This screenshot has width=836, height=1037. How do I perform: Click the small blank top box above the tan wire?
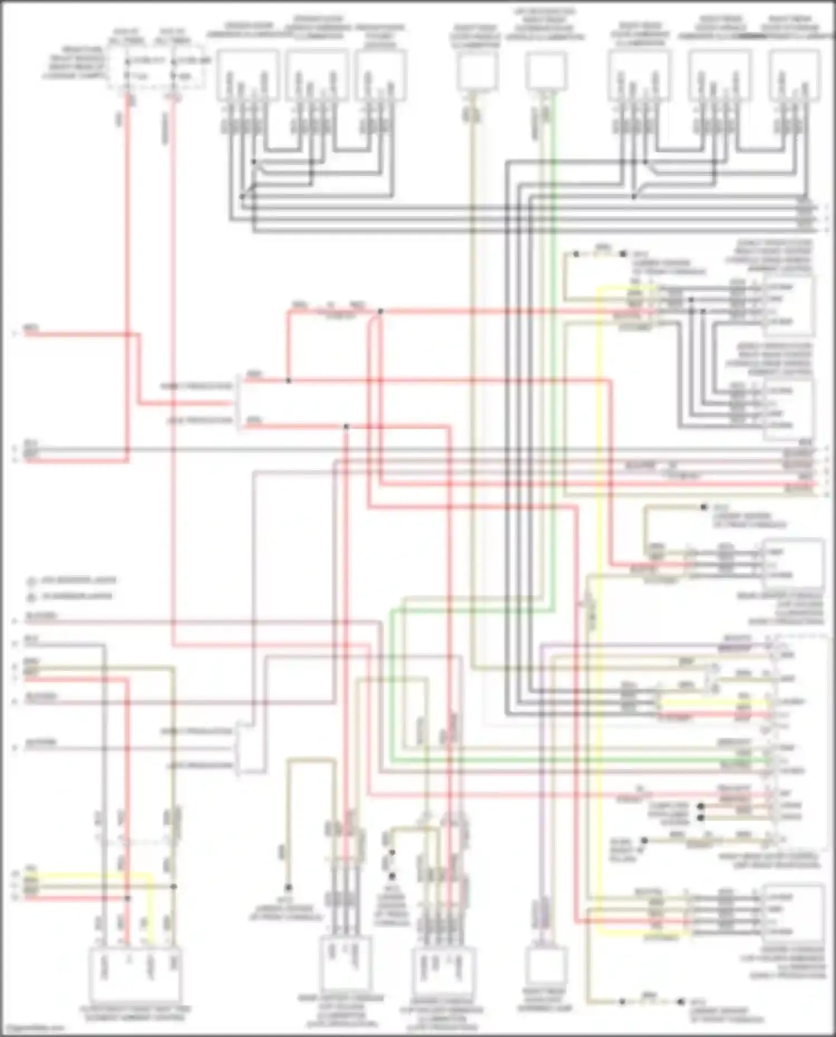(x=477, y=71)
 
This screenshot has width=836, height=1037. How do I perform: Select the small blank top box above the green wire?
(x=547, y=71)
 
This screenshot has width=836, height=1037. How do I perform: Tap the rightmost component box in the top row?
(x=794, y=75)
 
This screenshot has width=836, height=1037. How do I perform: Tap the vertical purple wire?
(x=541, y=780)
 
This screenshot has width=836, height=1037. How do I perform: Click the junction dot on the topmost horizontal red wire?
(x=381, y=311)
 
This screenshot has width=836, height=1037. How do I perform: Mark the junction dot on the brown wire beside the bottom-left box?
(x=174, y=886)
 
